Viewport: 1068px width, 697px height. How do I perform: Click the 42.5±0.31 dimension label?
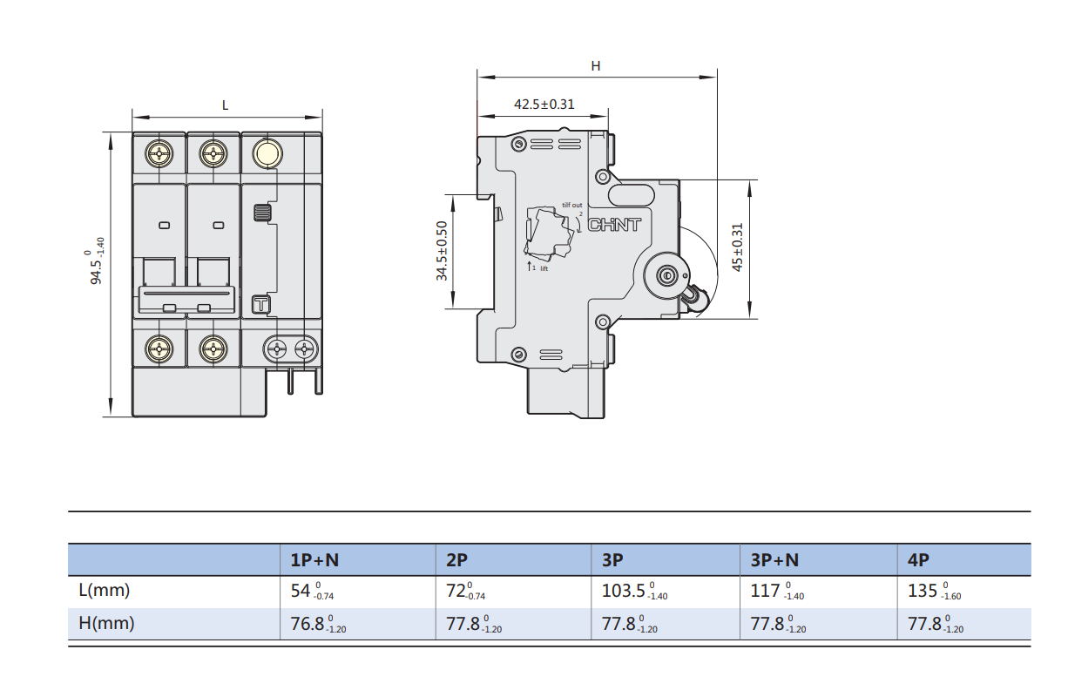coord(544,104)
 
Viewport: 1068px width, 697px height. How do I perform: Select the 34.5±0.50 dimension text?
coord(442,251)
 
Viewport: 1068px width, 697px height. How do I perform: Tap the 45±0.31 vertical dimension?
coord(737,247)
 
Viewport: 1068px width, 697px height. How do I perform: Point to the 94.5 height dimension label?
coord(94,261)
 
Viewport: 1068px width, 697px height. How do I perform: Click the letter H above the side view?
coord(596,66)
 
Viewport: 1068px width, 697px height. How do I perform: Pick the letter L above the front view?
coord(225,105)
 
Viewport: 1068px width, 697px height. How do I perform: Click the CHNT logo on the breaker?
coord(614,225)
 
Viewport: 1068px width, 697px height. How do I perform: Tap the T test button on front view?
coord(261,305)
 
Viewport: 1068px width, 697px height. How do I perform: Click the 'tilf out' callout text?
coord(572,205)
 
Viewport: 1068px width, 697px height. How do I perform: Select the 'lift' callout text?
coord(544,269)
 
